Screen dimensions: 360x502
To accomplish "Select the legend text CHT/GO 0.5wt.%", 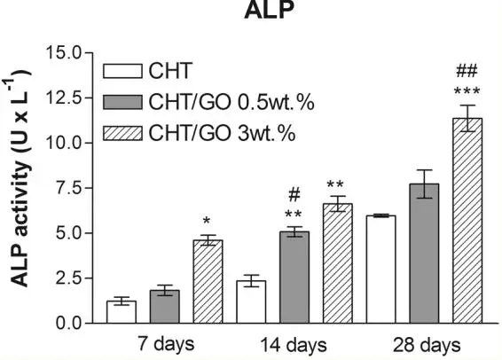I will (222, 102).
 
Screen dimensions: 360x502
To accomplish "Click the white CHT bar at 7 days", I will (121, 312).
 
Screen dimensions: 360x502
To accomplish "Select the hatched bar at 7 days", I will (208, 282).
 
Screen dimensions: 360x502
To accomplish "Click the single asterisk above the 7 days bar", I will (207, 220).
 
